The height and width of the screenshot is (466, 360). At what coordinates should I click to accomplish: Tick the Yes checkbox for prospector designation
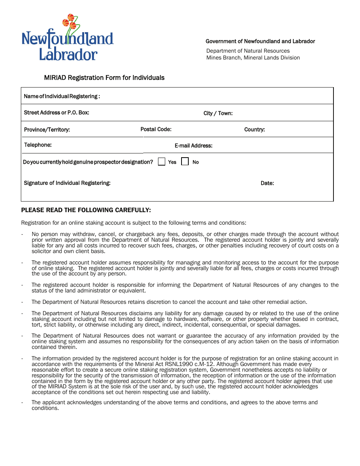click(x=162, y=162)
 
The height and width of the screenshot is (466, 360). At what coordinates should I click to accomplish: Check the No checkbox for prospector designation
click(x=185, y=162)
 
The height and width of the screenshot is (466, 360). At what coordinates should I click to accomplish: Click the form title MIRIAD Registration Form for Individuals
click(x=104, y=78)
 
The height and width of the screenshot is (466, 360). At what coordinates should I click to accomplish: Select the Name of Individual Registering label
click(x=62, y=96)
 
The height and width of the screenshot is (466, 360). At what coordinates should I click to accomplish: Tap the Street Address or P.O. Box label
click(x=56, y=113)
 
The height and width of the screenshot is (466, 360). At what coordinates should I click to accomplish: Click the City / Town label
click(x=218, y=113)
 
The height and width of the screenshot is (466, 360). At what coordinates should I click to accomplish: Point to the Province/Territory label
click(x=47, y=130)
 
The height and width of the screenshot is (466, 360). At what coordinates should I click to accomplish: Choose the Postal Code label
click(x=156, y=129)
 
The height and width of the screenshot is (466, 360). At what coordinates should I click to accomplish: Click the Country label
click(x=254, y=130)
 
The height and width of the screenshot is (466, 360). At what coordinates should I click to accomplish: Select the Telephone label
click(x=38, y=145)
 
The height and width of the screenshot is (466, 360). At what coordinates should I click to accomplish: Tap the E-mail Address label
click(x=193, y=145)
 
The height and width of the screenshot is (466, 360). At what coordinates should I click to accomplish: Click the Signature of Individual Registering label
click(x=67, y=183)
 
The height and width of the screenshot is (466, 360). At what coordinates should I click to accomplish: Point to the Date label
click(x=267, y=183)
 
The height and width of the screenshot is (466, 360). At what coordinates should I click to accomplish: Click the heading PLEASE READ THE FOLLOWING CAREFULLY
click(x=86, y=210)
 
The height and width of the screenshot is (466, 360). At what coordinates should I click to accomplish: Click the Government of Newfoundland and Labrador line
click(x=260, y=41)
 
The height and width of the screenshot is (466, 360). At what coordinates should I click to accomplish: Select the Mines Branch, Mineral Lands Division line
click(x=253, y=58)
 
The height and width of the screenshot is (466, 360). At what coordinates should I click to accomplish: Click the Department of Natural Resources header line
click(x=248, y=51)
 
